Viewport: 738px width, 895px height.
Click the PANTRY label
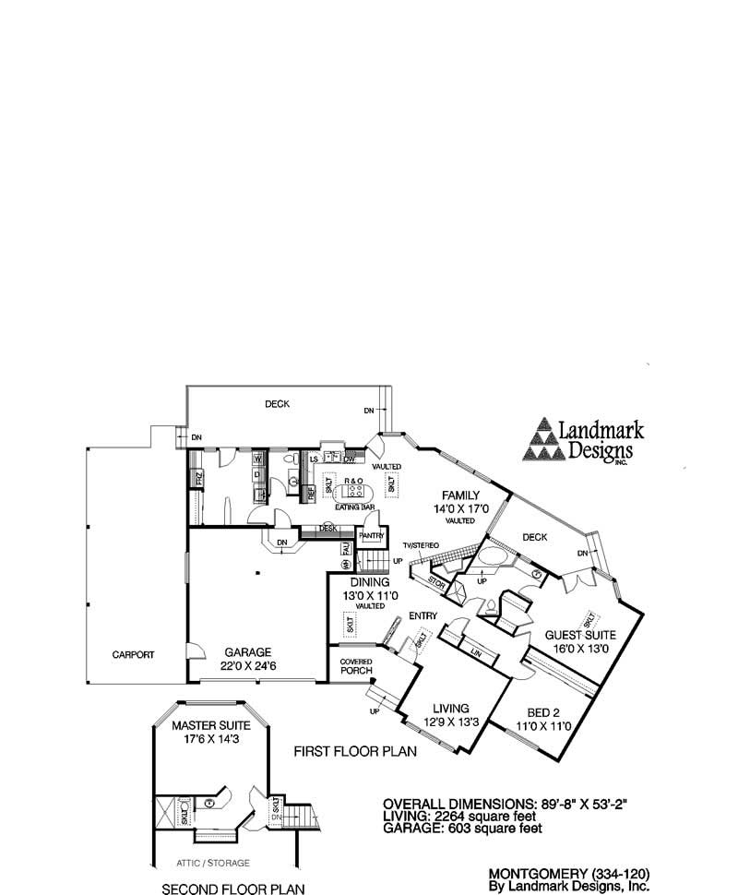371,535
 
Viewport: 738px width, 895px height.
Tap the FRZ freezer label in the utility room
197,478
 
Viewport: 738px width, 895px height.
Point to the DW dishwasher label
351,459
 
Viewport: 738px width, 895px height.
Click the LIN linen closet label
476,653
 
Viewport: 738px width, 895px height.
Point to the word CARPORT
133,654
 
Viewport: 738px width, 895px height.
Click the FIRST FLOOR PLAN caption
355,752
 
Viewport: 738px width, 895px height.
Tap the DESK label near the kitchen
327,529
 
